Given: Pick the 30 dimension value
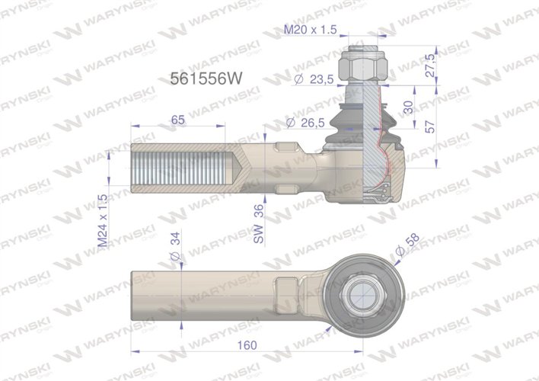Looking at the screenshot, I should click(x=408, y=108).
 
